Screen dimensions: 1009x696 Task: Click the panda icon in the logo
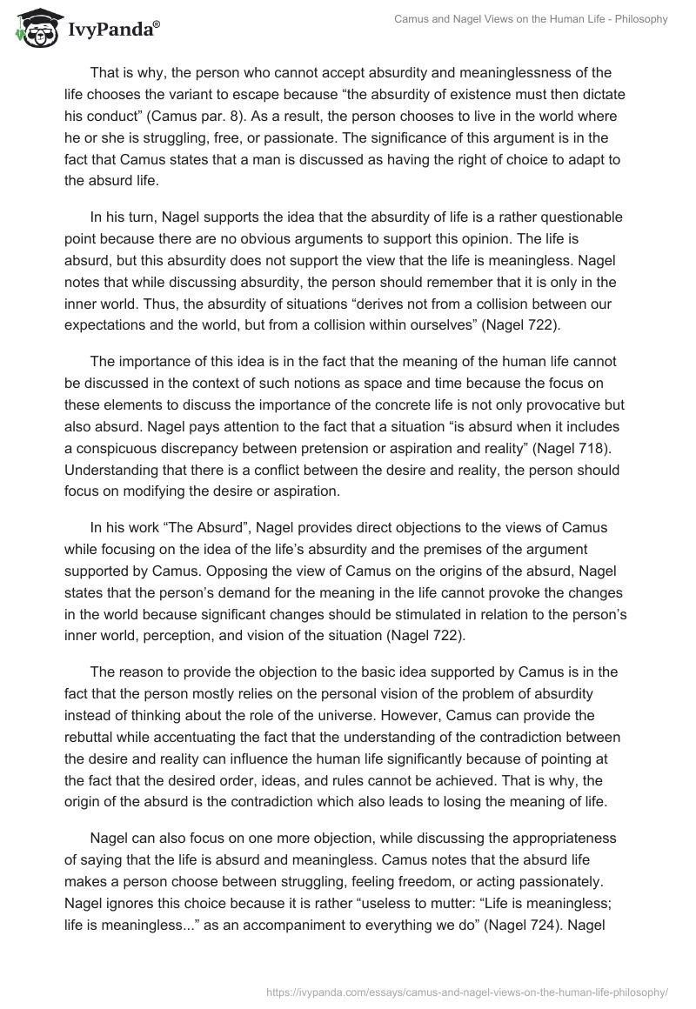tap(35, 27)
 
